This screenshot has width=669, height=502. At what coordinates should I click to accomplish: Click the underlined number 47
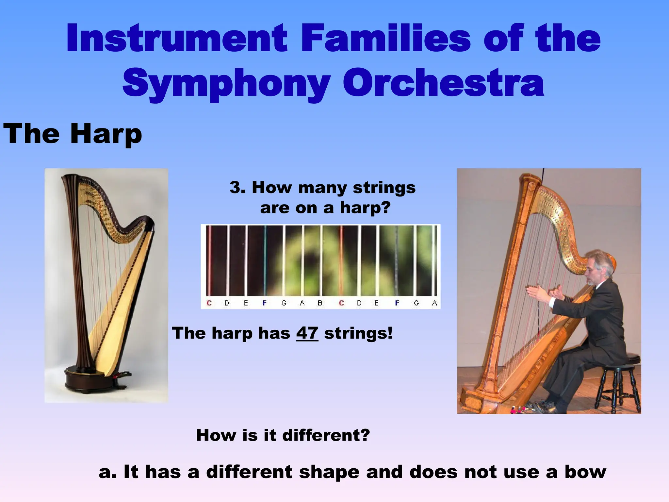[307, 333]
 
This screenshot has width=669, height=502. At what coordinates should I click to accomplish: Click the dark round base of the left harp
[88, 381]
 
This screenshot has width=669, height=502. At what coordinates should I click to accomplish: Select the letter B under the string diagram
[320, 303]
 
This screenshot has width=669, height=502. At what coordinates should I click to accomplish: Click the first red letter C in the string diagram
[209, 303]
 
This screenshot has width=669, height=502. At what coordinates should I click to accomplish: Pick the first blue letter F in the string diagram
[265, 303]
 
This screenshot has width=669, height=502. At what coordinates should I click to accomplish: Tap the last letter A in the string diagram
[434, 303]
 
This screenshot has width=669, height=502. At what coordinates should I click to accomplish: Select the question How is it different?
[283, 435]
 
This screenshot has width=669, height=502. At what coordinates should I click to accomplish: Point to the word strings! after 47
[358, 333]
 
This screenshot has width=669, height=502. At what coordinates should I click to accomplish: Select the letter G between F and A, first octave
[284, 303]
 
